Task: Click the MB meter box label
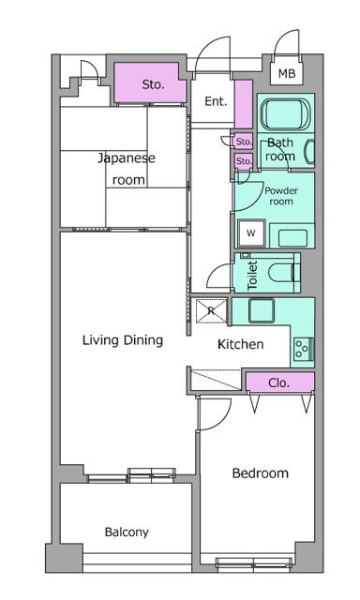pyautogui.click(x=287, y=73)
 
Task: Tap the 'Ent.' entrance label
pyautogui.click(x=216, y=101)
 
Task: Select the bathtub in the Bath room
pyautogui.click(x=286, y=113)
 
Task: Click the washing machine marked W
pyautogui.click(x=251, y=233)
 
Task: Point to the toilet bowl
pyautogui.click(x=283, y=273)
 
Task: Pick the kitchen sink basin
pyautogui.click(x=262, y=310)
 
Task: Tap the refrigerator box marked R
pyautogui.click(x=212, y=310)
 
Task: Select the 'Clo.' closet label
pyautogui.click(x=278, y=382)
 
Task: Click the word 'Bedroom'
pyautogui.click(x=260, y=473)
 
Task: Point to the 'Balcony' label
pyautogui.click(x=127, y=532)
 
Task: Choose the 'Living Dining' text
pyautogui.click(x=123, y=340)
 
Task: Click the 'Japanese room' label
pyautogui.click(x=127, y=169)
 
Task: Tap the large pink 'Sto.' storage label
pyautogui.click(x=154, y=84)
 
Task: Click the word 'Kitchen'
pyautogui.click(x=241, y=344)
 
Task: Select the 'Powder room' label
pyautogui.click(x=281, y=196)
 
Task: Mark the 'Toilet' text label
pyautogui.click(x=252, y=275)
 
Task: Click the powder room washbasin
pyautogui.click(x=292, y=238)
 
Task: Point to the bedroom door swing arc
pyautogui.click(x=223, y=419)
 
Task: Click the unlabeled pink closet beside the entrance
pyautogui.click(x=244, y=104)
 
